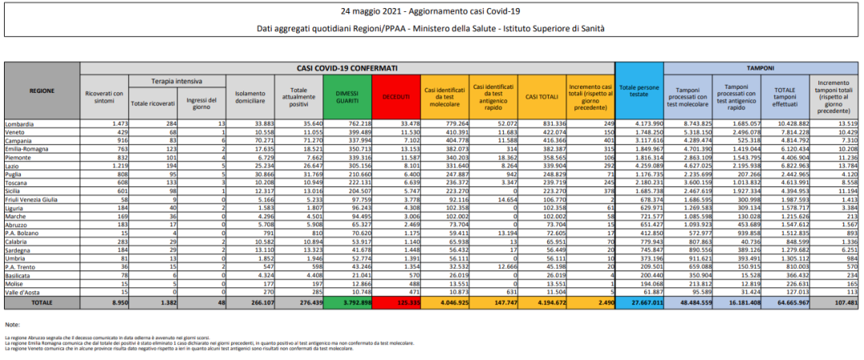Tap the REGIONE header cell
(42, 91)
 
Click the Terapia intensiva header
(177, 82)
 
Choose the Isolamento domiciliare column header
(250, 96)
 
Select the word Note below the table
(11, 325)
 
